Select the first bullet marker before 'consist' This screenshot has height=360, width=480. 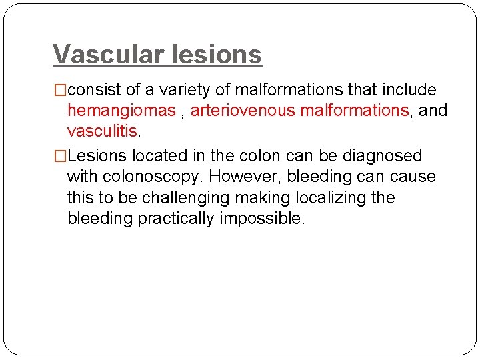point(60,90)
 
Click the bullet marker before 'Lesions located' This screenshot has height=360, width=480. point(60,156)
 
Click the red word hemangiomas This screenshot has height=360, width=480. point(121,111)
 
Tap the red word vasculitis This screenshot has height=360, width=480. point(103,131)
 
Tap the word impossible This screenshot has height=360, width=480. point(262,219)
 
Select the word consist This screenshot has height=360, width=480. point(91,90)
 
